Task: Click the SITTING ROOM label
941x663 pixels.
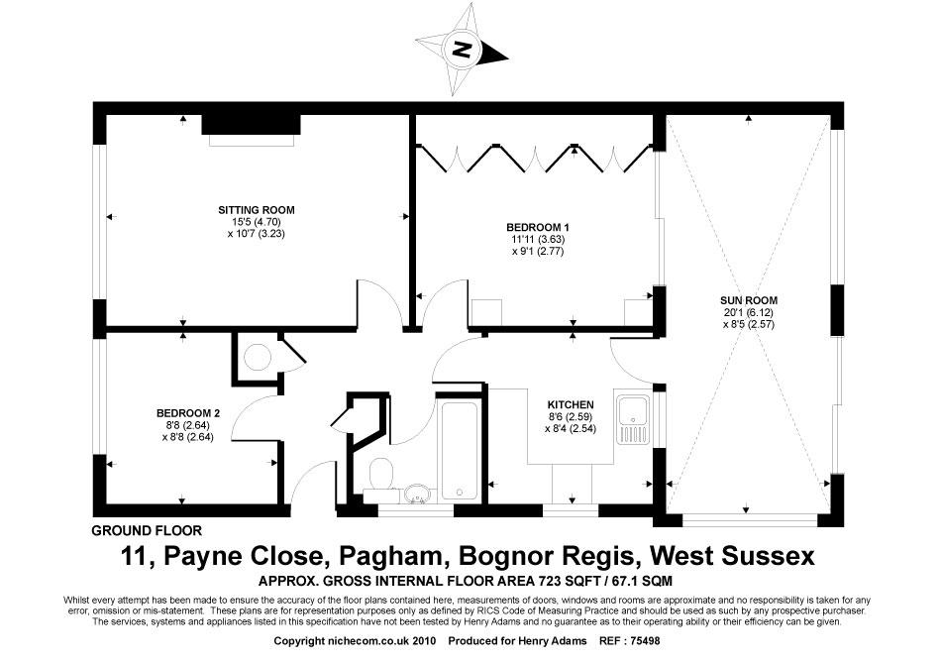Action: (x=257, y=210)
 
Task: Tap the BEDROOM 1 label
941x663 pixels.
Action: (x=538, y=228)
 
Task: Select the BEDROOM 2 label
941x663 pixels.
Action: (x=188, y=413)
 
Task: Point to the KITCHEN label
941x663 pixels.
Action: (x=571, y=405)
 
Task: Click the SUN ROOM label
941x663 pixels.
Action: (x=749, y=300)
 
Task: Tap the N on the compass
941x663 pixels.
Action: (x=462, y=49)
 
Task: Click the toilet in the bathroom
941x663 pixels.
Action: (x=380, y=476)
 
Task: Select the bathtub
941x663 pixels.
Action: (x=460, y=452)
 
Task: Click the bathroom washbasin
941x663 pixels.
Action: (x=416, y=495)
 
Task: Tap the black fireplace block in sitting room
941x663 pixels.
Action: (x=251, y=124)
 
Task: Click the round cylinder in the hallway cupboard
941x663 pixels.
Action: (x=259, y=357)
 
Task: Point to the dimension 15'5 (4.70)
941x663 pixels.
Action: (x=257, y=222)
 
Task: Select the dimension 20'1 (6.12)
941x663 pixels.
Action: (x=749, y=312)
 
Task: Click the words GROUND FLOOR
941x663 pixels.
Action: (x=147, y=531)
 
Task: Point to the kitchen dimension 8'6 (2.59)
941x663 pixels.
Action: (x=571, y=417)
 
